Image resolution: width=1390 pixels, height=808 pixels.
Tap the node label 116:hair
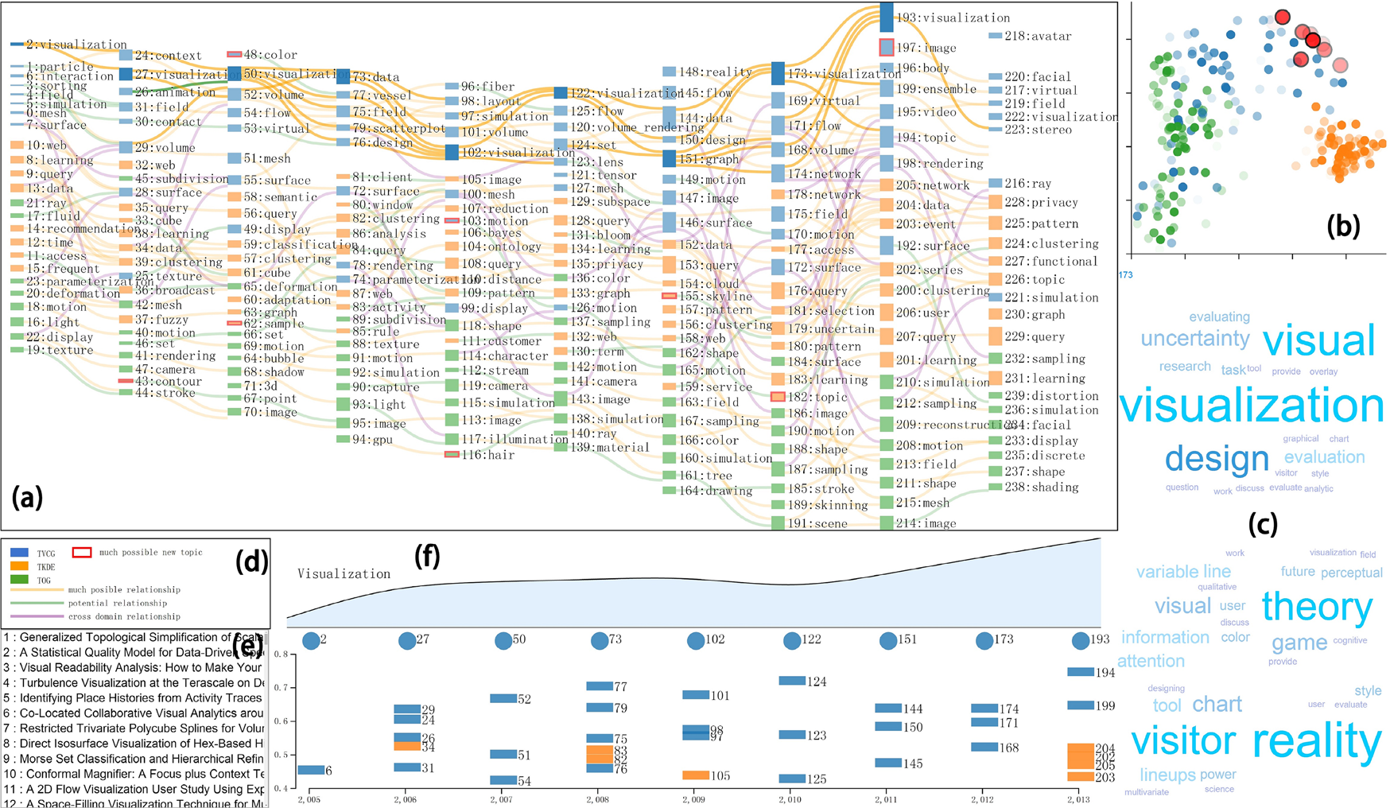(487, 455)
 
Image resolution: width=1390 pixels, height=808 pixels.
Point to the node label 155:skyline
(715, 296)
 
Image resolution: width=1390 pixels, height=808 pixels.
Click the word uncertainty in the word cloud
(1194, 339)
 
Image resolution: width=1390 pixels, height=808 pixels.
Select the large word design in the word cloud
(1217, 459)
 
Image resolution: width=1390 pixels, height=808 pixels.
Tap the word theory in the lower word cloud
(1317, 607)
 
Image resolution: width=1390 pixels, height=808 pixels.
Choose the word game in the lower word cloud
(1299, 643)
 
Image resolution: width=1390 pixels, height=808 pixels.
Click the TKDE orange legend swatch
(20, 566)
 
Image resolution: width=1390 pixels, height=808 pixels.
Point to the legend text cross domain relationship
(124, 616)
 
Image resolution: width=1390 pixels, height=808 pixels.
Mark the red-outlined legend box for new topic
(82, 552)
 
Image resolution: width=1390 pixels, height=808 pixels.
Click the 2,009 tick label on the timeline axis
(693, 799)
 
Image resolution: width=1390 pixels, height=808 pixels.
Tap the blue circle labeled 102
(696, 640)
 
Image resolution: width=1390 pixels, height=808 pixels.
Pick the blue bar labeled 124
(792, 681)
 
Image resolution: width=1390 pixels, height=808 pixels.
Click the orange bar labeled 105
(696, 775)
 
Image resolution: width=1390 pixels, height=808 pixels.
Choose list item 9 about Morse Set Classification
(134, 759)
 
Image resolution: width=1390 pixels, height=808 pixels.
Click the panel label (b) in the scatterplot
(1343, 227)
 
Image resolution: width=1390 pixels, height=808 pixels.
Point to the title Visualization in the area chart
(344, 573)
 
